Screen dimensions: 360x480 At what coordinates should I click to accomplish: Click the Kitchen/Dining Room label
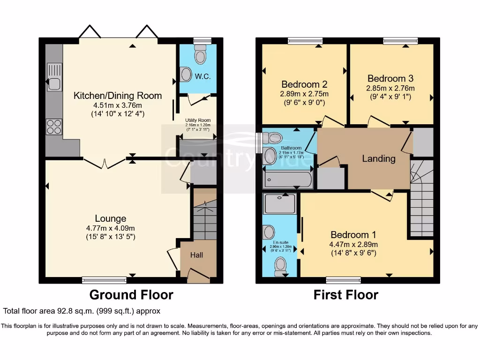pyautogui.click(x=118, y=96)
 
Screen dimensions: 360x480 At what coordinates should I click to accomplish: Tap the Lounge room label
pyautogui.click(x=111, y=218)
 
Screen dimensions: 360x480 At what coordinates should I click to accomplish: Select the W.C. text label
pyautogui.click(x=202, y=76)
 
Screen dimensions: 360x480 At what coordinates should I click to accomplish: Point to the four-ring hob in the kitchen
pyautogui.click(x=52, y=126)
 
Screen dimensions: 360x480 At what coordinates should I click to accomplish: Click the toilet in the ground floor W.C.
pyautogui.click(x=201, y=55)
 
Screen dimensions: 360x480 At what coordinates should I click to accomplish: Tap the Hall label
pyautogui.click(x=196, y=255)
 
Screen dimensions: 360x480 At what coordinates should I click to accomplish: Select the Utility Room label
pyautogui.click(x=198, y=120)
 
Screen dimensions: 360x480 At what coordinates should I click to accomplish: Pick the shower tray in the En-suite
pyautogui.click(x=279, y=204)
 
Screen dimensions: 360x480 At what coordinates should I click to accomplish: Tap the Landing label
pyautogui.click(x=379, y=158)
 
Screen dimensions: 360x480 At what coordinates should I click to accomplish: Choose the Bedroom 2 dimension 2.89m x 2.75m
pyautogui.click(x=304, y=94)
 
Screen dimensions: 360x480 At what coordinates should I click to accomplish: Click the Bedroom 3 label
pyautogui.click(x=390, y=78)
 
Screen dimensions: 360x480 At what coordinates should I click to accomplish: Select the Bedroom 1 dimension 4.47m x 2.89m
pyautogui.click(x=354, y=244)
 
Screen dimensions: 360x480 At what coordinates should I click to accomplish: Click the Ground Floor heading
pyautogui.click(x=131, y=295)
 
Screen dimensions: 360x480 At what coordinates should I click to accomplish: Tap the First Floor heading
pyautogui.click(x=345, y=295)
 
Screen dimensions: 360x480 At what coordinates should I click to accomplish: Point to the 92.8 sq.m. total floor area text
pyautogui.click(x=82, y=311)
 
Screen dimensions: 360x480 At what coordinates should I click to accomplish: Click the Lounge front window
pyautogui.click(x=104, y=280)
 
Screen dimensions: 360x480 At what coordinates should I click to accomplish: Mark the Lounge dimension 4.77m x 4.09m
pyautogui.click(x=111, y=228)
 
